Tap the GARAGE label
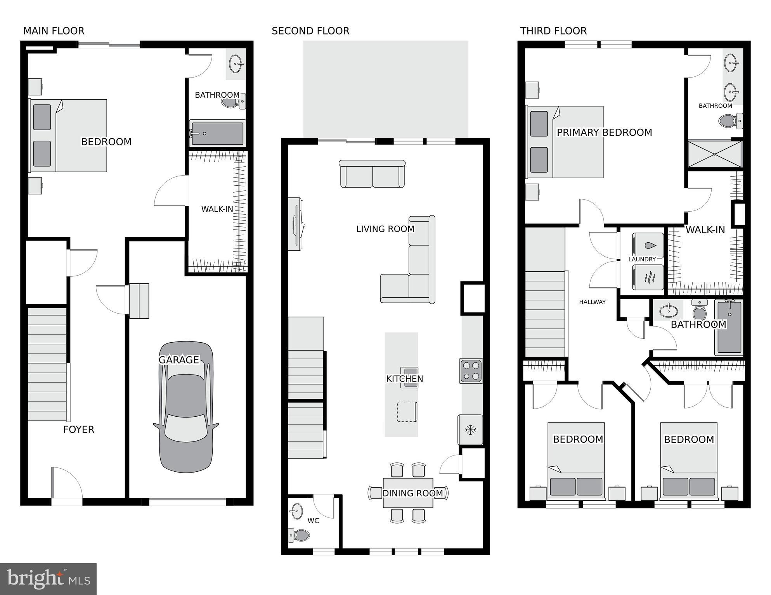[x=179, y=360]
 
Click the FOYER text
[x=79, y=429]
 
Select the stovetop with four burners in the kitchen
[x=471, y=371]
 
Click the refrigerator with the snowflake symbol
[x=470, y=430]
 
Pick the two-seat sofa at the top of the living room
[x=373, y=174]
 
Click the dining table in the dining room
[x=408, y=493]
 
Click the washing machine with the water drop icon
[x=648, y=245]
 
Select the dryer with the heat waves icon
[x=648, y=278]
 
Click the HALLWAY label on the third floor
[x=592, y=302]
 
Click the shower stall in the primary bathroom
[x=714, y=154]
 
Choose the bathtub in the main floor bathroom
[x=217, y=133]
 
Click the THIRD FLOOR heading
[x=553, y=31]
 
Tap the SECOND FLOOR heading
[x=310, y=31]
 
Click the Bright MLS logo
[x=48, y=579]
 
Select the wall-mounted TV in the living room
[x=296, y=224]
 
